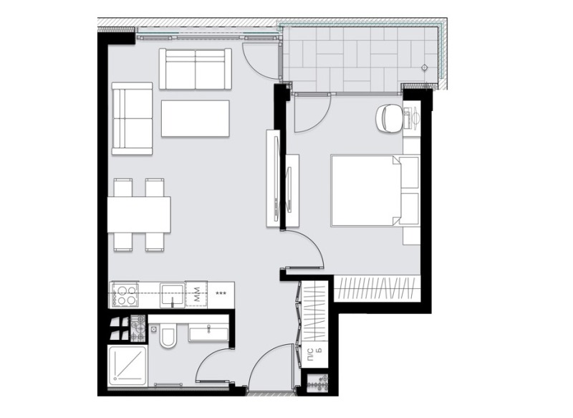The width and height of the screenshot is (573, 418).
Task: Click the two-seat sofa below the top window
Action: point(196,70)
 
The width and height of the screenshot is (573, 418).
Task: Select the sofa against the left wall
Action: point(133,118)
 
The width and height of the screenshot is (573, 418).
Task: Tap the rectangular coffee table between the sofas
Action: point(195,118)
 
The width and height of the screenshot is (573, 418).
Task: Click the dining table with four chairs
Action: point(139,214)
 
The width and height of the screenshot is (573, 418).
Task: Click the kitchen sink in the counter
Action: point(172,295)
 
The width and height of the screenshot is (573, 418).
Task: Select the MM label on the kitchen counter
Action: point(196,294)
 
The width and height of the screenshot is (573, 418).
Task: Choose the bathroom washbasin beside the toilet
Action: point(208,332)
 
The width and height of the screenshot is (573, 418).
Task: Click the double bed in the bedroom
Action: point(365,190)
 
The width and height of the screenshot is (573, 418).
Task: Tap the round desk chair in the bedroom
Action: point(390,118)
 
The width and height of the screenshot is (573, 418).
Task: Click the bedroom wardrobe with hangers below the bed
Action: point(376,288)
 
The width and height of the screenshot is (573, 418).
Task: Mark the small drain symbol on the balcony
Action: point(425,69)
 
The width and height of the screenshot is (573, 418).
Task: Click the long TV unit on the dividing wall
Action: point(273,178)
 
